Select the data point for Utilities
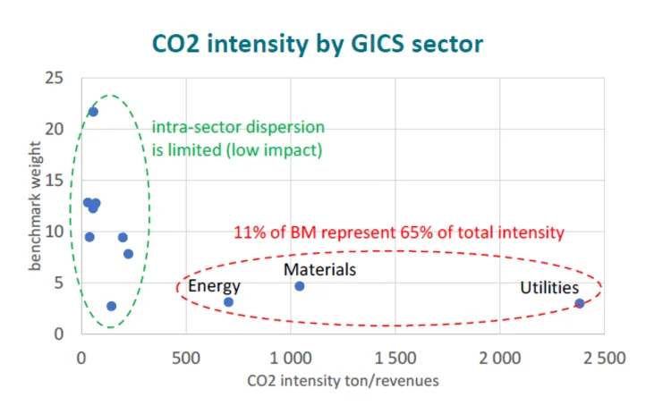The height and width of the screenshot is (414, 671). pyautogui.click(x=580, y=303)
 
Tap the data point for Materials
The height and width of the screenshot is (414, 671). pyautogui.click(x=300, y=286)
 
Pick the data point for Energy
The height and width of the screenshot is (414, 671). pyautogui.click(x=228, y=302)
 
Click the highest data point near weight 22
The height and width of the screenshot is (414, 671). pyautogui.click(x=93, y=112)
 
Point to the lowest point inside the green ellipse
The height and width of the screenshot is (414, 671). pyautogui.click(x=111, y=306)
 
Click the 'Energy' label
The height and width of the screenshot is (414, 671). pyautogui.click(x=214, y=286)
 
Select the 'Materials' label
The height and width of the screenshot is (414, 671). pyautogui.click(x=319, y=269)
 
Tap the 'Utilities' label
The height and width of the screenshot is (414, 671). pyautogui.click(x=549, y=288)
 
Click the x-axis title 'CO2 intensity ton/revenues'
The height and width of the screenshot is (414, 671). pyautogui.click(x=342, y=382)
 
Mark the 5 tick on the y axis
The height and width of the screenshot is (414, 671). pyautogui.click(x=59, y=282)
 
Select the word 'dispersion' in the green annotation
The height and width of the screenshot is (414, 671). pyautogui.click(x=286, y=128)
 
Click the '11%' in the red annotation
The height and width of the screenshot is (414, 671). pyautogui.click(x=249, y=232)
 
